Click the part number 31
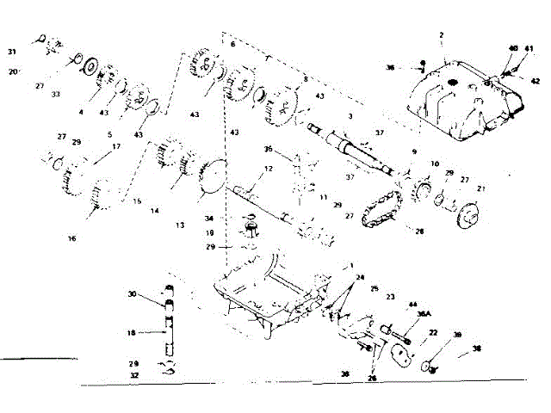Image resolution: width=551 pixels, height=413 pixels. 12,52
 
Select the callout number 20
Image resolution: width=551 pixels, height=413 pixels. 13,71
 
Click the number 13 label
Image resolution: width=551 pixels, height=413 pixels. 179,225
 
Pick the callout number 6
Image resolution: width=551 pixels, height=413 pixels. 232,43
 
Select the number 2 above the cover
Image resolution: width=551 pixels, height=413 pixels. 440,35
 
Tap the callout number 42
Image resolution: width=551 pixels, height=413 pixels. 535,80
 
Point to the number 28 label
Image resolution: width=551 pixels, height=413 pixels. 420,231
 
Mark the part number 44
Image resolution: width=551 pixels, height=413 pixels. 412,305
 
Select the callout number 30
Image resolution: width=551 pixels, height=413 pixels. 133,294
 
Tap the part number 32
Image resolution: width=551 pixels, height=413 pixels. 133,376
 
